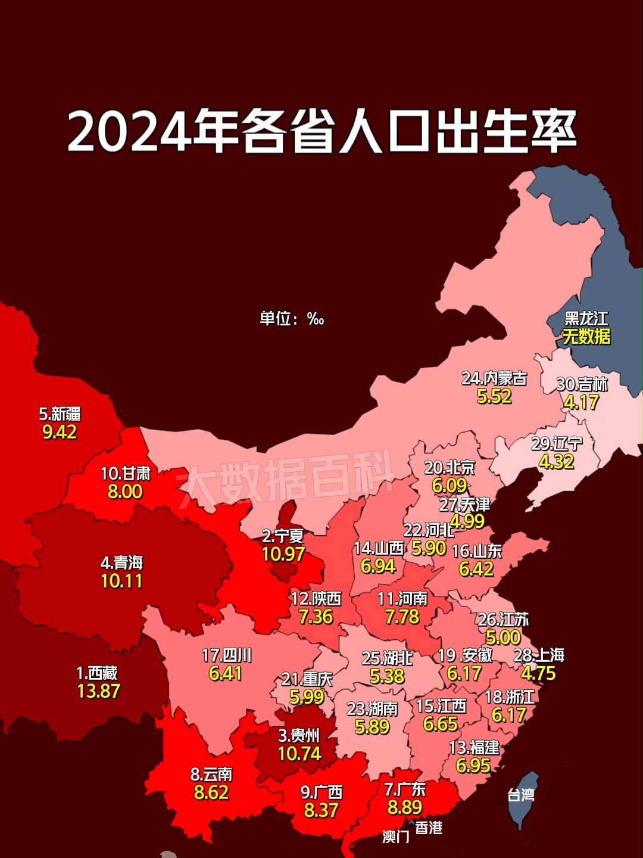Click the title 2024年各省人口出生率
[x=321, y=131]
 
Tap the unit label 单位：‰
[x=292, y=319]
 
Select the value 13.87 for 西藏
[x=99, y=691]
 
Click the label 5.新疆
[x=60, y=414]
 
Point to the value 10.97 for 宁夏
[x=283, y=554]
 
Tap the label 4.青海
[x=121, y=563]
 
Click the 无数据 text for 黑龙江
[x=586, y=337]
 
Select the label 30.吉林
[x=582, y=384]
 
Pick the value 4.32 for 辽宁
[x=556, y=462]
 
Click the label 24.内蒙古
[x=494, y=378]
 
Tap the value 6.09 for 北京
[x=450, y=486]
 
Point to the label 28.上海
[x=539, y=655]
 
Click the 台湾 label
[x=521, y=795]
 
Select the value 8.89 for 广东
[x=405, y=807]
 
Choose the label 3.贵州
[x=299, y=736]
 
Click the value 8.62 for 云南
[x=211, y=792]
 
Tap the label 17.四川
[x=226, y=655]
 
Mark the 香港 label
[x=429, y=828]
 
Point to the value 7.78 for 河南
[x=402, y=617]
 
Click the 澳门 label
[x=396, y=837]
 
